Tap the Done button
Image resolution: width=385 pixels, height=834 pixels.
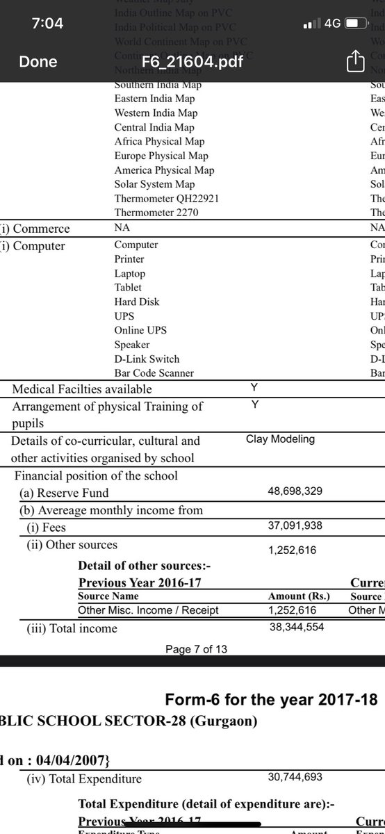click(38, 62)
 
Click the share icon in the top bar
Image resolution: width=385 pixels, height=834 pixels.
click(355, 61)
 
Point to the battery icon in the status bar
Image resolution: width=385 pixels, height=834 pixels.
click(356, 24)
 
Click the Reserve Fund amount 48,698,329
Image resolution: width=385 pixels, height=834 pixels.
click(295, 491)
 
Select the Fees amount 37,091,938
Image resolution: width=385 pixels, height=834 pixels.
click(295, 527)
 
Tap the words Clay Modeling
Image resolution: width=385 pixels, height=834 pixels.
click(280, 439)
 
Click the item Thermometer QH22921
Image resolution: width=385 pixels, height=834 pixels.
click(167, 199)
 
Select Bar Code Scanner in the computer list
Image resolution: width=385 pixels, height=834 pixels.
click(154, 373)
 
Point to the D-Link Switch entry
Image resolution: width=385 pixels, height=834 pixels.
click(147, 359)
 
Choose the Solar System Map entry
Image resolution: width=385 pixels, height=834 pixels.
click(154, 184)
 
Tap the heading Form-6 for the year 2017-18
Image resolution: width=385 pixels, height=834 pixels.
click(275, 698)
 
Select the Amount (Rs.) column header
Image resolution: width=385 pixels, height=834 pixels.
click(299, 596)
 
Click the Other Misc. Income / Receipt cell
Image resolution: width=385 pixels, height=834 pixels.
click(148, 610)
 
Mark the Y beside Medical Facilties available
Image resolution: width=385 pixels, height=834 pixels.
click(254, 388)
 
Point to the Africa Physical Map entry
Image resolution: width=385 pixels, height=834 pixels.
click(159, 142)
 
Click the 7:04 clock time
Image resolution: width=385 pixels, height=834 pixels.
click(47, 24)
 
